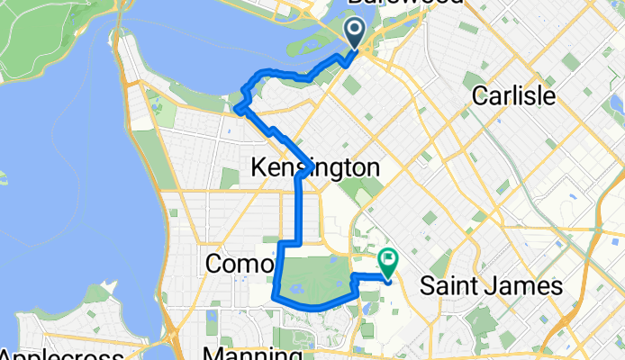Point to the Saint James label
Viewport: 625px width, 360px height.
point(491,286)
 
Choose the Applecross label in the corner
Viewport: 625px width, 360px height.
point(62,353)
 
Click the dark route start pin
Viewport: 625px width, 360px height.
point(355,33)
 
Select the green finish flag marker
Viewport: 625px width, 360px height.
point(388,262)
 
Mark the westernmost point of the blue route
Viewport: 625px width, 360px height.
point(237,110)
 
